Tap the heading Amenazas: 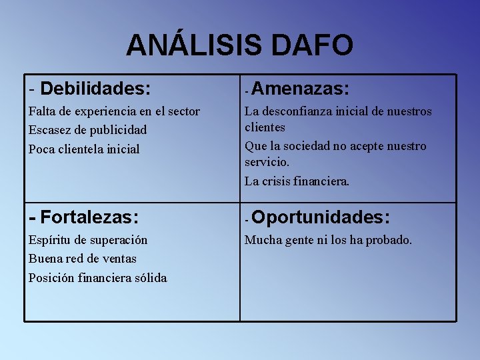301,88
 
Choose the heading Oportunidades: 321,217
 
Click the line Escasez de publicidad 87,130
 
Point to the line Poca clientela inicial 84,149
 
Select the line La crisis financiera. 297,181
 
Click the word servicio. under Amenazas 267,162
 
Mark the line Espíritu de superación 88,240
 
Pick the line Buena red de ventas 82,259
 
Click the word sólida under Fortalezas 151,277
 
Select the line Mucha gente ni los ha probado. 328,240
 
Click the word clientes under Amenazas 265,127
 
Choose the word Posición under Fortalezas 50,277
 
